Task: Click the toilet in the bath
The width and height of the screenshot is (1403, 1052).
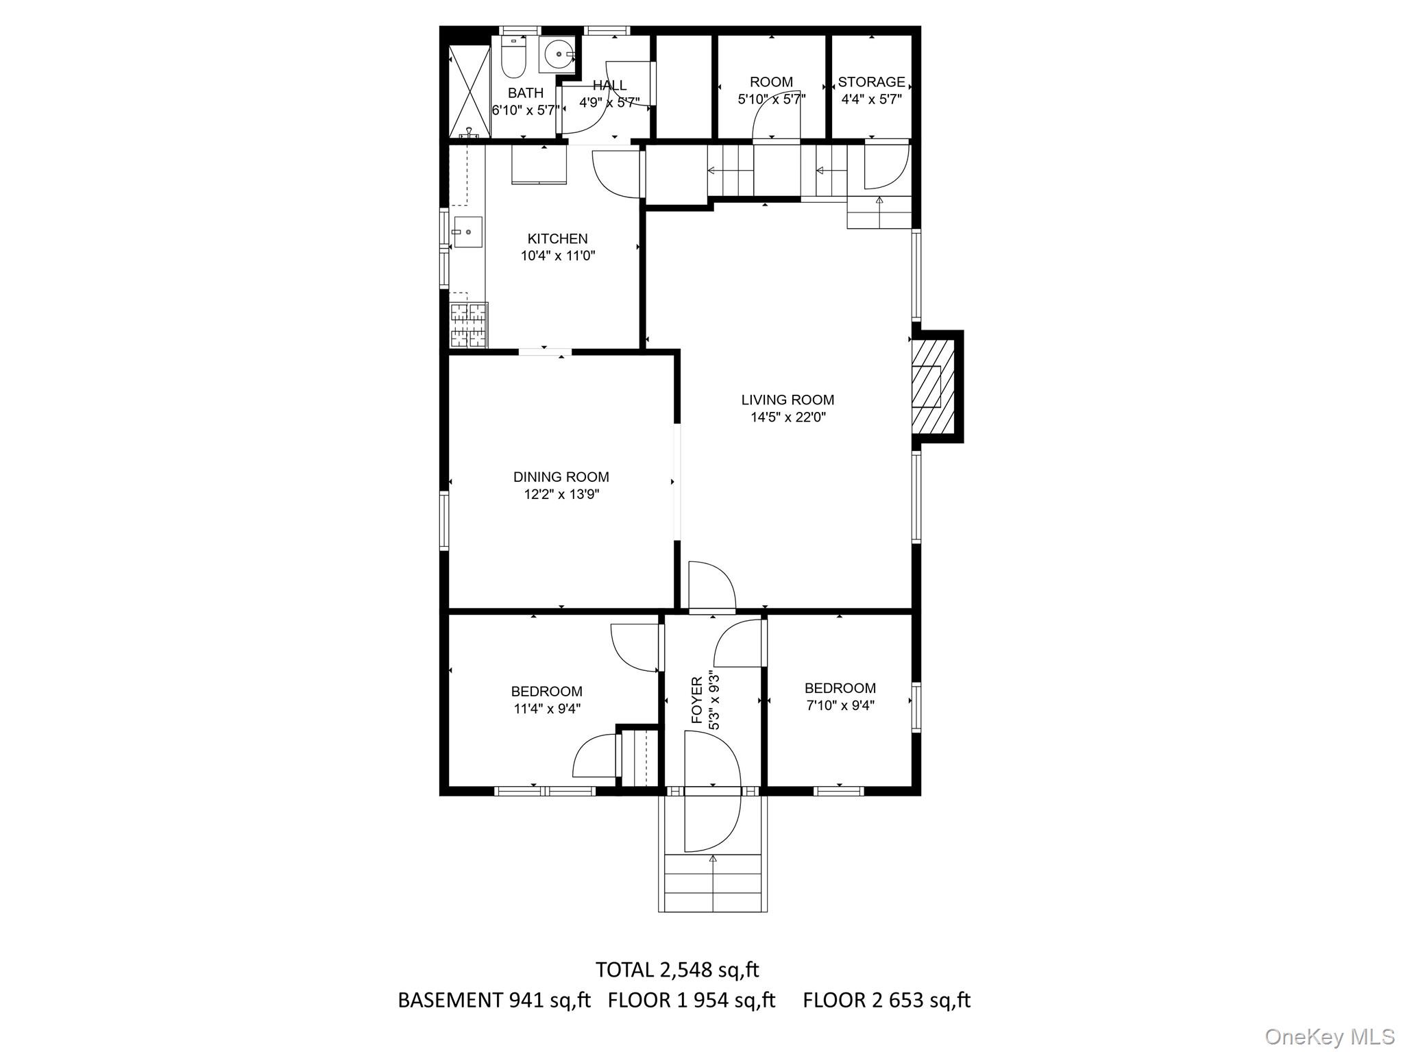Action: point(513,59)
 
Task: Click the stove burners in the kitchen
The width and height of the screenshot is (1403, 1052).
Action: point(468,325)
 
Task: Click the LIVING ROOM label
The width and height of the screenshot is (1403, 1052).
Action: point(788,400)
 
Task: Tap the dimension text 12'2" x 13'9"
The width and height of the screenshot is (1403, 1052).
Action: point(561,494)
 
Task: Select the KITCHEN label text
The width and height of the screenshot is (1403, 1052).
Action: point(557,238)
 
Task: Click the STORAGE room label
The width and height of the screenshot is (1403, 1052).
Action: point(871,82)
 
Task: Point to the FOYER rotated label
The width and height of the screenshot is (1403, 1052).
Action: point(696,700)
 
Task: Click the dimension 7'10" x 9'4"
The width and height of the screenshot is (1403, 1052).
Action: point(840,705)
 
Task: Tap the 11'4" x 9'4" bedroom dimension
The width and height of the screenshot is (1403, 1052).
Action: point(547,709)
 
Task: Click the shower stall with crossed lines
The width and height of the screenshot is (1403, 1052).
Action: point(469,91)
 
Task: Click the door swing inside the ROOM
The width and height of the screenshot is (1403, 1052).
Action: point(776,123)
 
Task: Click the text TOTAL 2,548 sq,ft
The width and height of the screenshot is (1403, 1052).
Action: point(676,970)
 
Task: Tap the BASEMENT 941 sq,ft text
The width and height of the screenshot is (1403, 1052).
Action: point(493,1000)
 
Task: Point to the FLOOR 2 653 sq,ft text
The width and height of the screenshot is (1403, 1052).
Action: point(886,1000)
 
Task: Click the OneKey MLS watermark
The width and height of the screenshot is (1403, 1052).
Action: point(1329,1036)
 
